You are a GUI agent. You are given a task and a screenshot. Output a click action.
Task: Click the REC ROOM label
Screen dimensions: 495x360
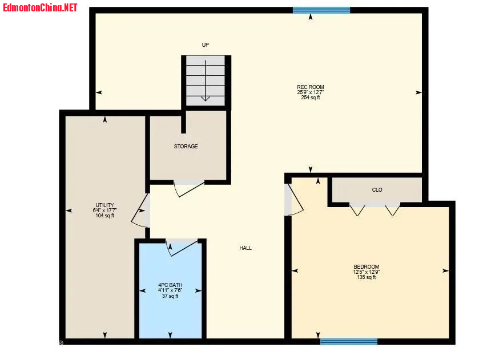point(311,87)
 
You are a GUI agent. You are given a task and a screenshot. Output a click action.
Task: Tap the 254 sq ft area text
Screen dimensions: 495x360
point(311,98)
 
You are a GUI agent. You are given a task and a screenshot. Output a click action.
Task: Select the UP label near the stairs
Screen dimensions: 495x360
point(205,45)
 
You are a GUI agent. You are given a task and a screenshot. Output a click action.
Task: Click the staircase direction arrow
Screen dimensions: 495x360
point(206,80)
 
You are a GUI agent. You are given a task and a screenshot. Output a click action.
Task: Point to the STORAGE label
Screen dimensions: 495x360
point(186,147)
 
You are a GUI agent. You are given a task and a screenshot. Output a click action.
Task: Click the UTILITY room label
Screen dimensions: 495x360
point(105,205)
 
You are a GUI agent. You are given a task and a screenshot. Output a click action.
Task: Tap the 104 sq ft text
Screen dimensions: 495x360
point(105,216)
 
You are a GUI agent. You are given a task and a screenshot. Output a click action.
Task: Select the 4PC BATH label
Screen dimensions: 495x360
point(170,285)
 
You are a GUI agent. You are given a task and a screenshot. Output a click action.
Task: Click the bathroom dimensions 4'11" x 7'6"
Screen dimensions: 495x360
point(170,290)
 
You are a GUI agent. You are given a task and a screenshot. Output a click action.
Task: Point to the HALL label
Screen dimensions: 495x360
point(246,248)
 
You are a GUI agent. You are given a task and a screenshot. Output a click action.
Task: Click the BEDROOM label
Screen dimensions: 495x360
point(366,266)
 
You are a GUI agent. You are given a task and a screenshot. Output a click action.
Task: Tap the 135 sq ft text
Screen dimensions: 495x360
point(366,277)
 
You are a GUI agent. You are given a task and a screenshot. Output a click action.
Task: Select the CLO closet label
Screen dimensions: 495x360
point(377,189)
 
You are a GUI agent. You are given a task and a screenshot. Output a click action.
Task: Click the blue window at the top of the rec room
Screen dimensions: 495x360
point(321,10)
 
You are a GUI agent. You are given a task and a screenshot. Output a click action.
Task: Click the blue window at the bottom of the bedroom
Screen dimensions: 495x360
point(349,341)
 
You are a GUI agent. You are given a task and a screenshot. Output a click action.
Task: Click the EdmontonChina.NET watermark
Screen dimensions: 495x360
point(40,7)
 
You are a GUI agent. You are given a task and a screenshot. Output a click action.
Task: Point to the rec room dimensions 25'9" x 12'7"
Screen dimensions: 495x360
point(311,92)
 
